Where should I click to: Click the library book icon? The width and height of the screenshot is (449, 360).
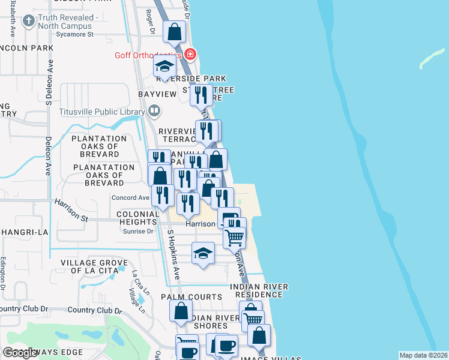click(x=154, y=110)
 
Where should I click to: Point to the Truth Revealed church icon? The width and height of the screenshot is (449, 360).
click(x=28, y=22)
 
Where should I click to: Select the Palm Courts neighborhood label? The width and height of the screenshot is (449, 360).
click(x=191, y=297)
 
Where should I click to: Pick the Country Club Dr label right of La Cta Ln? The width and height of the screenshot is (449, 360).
click(x=95, y=311)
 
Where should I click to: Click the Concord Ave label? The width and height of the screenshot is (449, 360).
click(x=130, y=197)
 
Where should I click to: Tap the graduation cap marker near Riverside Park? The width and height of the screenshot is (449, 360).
click(x=164, y=67)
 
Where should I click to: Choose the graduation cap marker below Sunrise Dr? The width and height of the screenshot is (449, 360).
click(x=203, y=253)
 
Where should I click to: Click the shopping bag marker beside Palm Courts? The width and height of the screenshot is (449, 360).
click(x=181, y=311)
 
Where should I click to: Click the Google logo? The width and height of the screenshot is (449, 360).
click(x=20, y=353)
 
